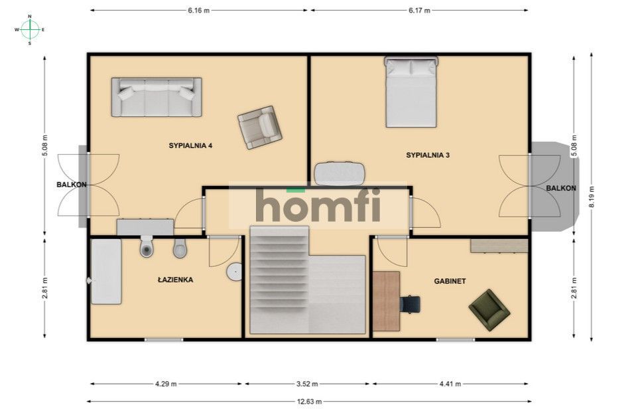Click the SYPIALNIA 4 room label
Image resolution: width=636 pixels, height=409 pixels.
pyautogui.click(x=190, y=145)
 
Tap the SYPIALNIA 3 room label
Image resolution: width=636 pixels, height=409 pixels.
pyautogui.click(x=428, y=155)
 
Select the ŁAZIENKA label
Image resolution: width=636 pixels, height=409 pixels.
pyautogui.click(x=175, y=280)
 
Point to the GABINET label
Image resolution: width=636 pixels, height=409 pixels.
pyautogui.click(x=450, y=281)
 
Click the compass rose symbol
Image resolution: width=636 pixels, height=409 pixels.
pyautogui.click(x=30, y=29)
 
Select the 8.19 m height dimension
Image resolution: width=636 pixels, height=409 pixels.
pyautogui.click(x=591, y=197)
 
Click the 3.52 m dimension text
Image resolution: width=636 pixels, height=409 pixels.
pyautogui.click(x=306, y=383)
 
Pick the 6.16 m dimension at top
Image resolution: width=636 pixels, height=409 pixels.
pyautogui.click(x=199, y=11)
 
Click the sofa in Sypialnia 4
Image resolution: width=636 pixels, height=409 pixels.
pyautogui.click(x=157, y=97)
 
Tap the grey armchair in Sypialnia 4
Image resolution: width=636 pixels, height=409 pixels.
pyautogui.click(x=259, y=127)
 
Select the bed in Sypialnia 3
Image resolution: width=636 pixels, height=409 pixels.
pyautogui.click(x=411, y=92)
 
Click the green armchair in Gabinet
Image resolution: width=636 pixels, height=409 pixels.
pyautogui.click(x=489, y=310)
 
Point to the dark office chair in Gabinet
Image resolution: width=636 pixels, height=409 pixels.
pyautogui.click(x=410, y=304)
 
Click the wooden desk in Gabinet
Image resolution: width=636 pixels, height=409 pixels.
pyautogui.click(x=386, y=301)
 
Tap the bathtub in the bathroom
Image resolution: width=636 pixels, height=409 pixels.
pyautogui.click(x=106, y=272)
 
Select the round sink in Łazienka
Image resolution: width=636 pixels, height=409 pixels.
pyautogui.click(x=235, y=272)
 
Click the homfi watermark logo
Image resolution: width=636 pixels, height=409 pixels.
pyautogui.click(x=318, y=205)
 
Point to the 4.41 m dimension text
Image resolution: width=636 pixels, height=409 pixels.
pyautogui.click(x=450, y=383)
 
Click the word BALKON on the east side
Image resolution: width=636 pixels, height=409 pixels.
pyautogui.click(x=561, y=188)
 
